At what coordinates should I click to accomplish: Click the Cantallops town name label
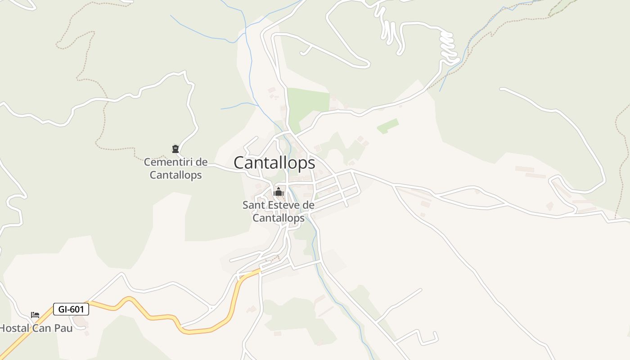tap(274, 163)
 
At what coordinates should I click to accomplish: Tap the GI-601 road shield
tap(71, 309)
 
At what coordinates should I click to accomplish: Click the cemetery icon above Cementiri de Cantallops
tap(175, 149)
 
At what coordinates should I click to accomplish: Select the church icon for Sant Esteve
tap(279, 192)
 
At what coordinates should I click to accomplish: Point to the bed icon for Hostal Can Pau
tap(35, 315)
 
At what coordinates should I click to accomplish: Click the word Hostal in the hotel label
tap(14, 328)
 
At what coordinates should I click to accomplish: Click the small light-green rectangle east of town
tap(388, 126)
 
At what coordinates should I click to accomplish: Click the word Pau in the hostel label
tap(63, 328)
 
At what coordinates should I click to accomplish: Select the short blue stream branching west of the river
tap(238, 106)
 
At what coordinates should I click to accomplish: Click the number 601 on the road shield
tap(77, 309)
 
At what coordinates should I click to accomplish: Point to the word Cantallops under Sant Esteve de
tap(279, 218)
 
